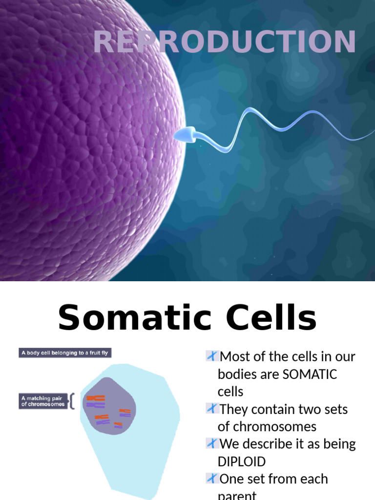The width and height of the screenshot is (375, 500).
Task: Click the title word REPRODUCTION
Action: pos(224,42)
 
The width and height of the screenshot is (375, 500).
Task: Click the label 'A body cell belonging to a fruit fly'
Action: pos(63,353)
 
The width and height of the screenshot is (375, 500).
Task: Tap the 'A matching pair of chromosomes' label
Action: pos(43,401)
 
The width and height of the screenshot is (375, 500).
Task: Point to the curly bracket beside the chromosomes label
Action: pos(72,401)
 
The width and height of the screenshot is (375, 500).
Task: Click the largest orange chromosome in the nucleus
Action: pos(96,398)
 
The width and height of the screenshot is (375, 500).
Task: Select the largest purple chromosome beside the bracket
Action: pos(96,405)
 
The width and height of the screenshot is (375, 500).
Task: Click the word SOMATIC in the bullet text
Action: pos(310,374)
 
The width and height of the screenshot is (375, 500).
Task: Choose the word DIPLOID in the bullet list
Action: pos(242,462)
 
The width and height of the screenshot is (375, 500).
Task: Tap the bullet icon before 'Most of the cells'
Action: pos(211,356)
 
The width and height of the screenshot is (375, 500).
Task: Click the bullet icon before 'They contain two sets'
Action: pos(211,409)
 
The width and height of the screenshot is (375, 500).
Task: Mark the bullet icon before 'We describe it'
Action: pos(211,444)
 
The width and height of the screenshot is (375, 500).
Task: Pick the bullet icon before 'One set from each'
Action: pos(211,479)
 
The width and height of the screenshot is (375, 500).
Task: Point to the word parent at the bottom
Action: pos(237,495)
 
